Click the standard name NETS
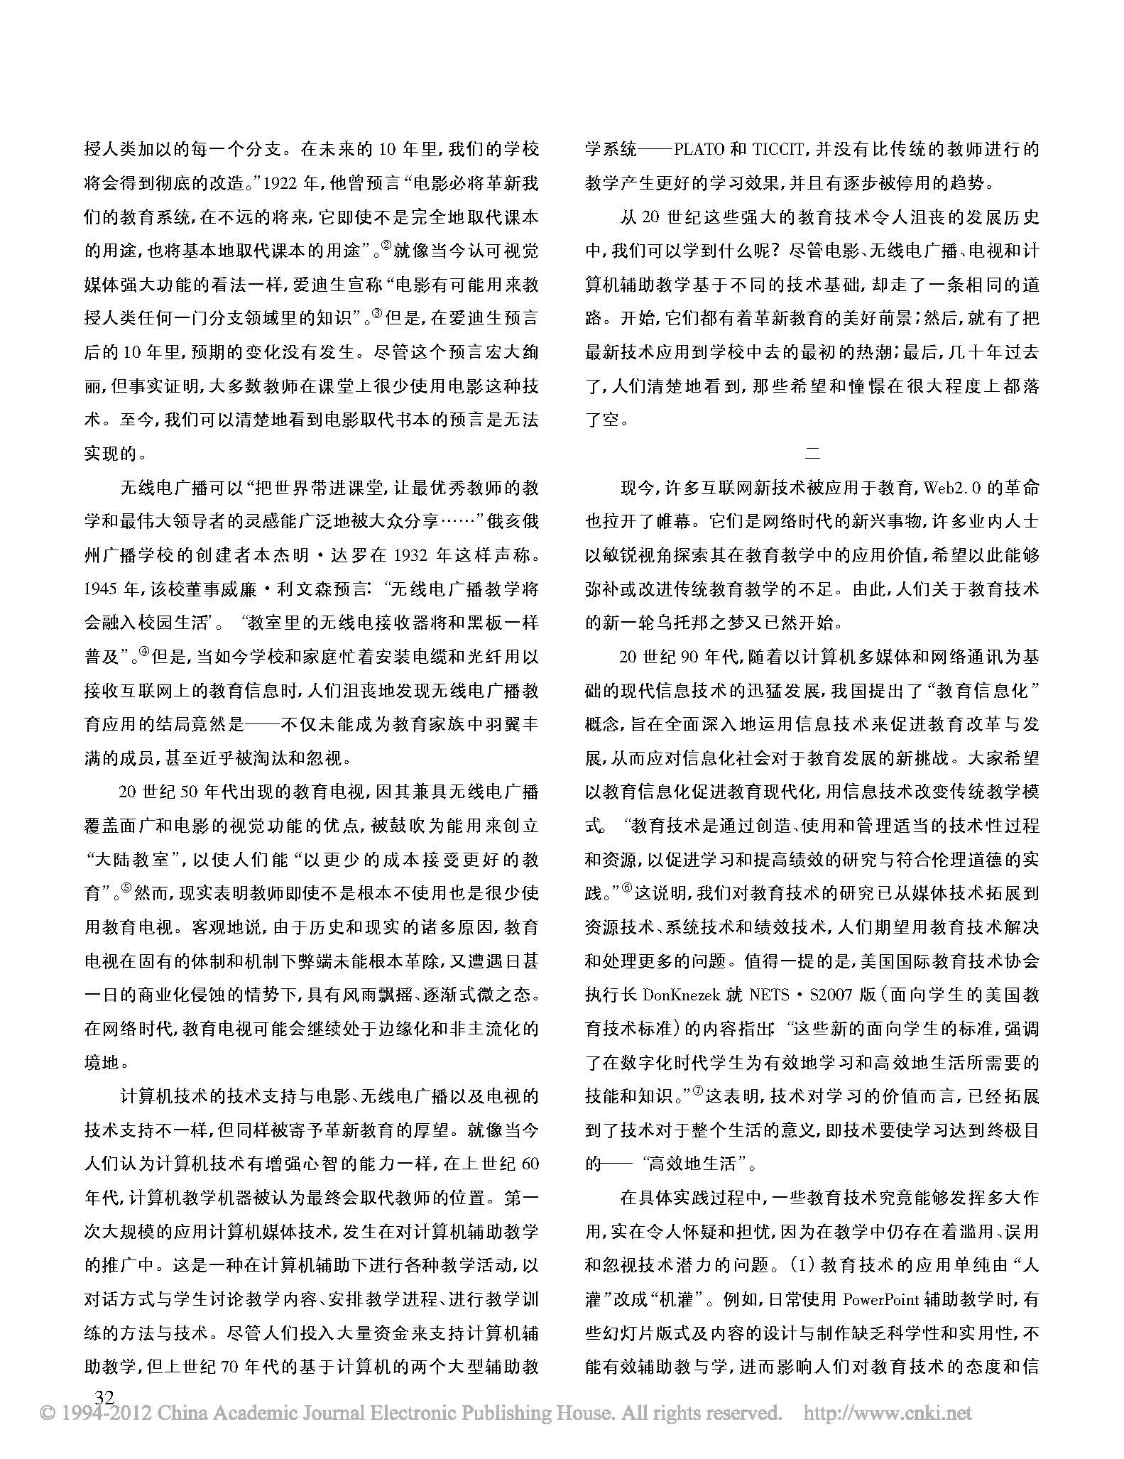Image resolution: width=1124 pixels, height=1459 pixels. [769, 995]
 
